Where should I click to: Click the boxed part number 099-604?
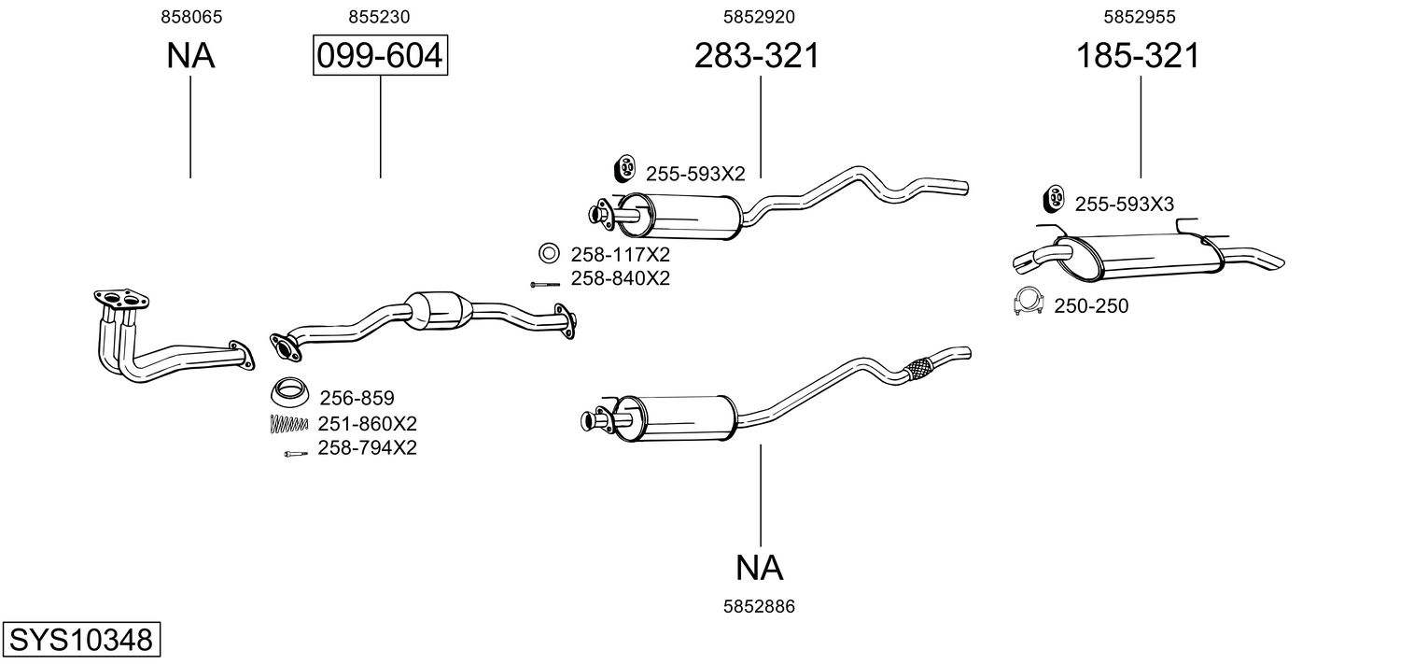(x=379, y=56)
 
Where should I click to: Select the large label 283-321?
(x=756, y=56)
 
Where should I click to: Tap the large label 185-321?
(x=1138, y=56)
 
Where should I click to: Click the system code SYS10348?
(x=80, y=641)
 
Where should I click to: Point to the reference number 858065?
(x=191, y=17)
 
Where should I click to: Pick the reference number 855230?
(x=379, y=17)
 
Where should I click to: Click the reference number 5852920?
(x=759, y=17)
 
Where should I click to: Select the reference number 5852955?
(x=1139, y=17)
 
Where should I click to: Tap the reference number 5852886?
(x=759, y=607)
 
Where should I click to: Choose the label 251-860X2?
(x=367, y=423)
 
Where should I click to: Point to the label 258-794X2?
(x=367, y=448)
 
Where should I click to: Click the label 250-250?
(x=1091, y=305)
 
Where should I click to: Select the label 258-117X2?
(x=621, y=254)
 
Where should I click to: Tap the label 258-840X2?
(x=621, y=278)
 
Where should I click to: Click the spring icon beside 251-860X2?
(x=288, y=423)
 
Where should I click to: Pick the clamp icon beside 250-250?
(x=1028, y=302)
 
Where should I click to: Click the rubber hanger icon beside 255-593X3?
(x=1053, y=199)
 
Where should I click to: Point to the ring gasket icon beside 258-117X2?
(x=549, y=253)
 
